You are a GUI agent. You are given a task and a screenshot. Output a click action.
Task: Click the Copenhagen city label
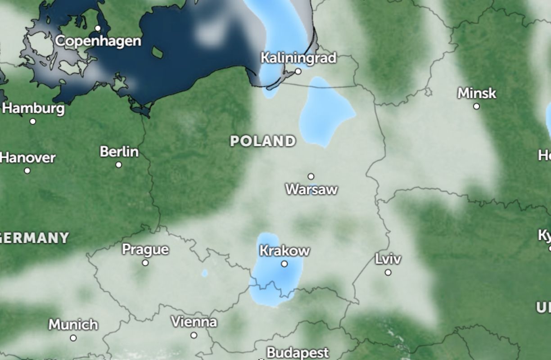[98, 41]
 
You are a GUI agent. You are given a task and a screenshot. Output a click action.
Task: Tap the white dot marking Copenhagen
[98, 28]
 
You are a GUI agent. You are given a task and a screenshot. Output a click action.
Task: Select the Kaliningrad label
[298, 58]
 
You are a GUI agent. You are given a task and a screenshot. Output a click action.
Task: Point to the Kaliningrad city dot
[298, 71]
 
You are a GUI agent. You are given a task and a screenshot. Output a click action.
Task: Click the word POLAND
[263, 141]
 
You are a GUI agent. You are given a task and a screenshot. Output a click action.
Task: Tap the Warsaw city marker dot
[311, 176]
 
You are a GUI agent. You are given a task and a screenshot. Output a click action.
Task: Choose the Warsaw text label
[312, 189]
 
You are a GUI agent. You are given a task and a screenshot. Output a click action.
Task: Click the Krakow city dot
[284, 264]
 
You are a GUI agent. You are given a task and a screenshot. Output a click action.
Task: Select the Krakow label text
[285, 251]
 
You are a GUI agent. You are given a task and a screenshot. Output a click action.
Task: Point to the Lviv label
[388, 259]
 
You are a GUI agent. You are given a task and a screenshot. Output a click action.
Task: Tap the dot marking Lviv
[388, 272]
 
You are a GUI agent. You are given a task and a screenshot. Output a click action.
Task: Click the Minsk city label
[477, 94]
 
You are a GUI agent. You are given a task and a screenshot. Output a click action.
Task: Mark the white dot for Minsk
[476, 106]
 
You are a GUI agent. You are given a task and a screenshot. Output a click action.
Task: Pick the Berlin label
[119, 152]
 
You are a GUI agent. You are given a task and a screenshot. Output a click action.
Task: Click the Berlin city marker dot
[118, 165]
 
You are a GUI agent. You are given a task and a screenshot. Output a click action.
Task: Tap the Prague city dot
[145, 262]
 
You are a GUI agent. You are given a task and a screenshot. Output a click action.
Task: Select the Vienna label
[194, 322]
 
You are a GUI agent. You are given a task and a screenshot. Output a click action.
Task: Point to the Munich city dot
[73, 337]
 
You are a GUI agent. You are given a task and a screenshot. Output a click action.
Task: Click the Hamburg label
[33, 108]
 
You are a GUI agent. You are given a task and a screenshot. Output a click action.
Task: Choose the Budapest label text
[298, 352]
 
